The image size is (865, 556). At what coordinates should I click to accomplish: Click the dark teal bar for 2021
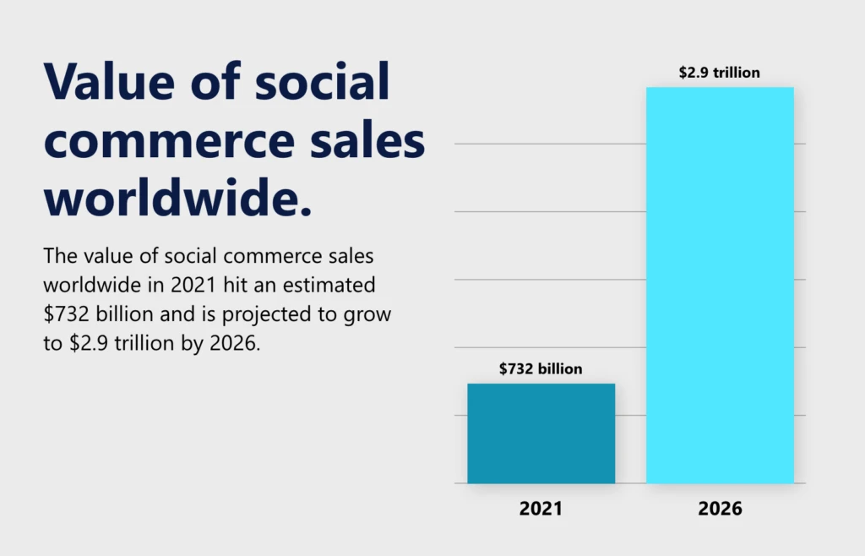tap(541, 433)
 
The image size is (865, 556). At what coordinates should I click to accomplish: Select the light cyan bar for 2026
tap(720, 286)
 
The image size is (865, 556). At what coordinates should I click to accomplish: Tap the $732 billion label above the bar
tap(541, 368)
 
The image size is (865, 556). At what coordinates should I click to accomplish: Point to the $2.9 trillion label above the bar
tap(720, 73)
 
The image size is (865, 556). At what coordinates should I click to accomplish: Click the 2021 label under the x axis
tap(541, 509)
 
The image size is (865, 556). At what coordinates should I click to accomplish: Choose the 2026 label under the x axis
tap(720, 509)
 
